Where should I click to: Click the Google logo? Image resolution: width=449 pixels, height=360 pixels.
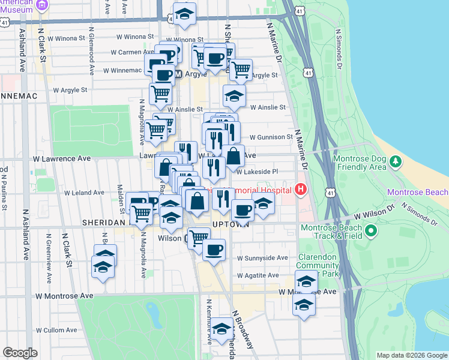point(20,353)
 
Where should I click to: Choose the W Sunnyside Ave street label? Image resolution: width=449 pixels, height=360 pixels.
point(262,258)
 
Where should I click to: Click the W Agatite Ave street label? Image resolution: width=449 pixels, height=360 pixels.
point(258,275)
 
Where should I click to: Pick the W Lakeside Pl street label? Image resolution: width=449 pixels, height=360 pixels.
point(257,172)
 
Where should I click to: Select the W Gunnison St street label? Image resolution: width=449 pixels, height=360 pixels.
point(271,137)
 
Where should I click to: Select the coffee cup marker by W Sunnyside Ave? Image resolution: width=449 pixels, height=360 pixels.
point(213,249)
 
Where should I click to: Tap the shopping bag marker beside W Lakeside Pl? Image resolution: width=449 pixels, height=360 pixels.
point(234,156)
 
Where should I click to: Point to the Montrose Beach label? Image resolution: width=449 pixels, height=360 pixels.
point(418,193)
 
